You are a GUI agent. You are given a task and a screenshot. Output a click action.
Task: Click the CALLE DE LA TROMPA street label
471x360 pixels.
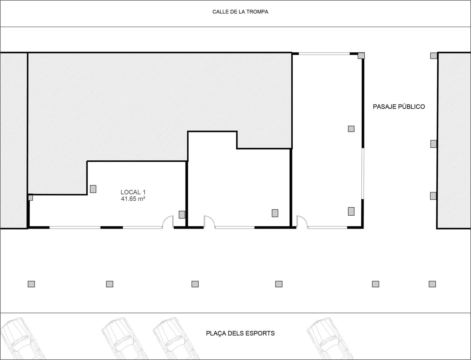point(240,12)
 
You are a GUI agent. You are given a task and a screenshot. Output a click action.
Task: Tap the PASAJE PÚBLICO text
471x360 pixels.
point(399,106)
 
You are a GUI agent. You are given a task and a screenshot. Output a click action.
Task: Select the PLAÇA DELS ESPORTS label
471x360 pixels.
point(240,333)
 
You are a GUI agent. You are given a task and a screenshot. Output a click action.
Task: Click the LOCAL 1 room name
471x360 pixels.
point(133,192)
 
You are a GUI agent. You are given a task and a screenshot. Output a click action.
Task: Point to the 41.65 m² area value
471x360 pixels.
point(133,199)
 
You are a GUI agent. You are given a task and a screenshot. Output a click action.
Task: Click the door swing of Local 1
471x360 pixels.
point(168,222)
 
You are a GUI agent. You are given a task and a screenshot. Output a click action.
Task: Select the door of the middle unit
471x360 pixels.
point(209,222)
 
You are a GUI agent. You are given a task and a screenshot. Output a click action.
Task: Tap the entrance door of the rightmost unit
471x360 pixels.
point(302,222)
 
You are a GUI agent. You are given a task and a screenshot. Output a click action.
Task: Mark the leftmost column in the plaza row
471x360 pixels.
point(31,284)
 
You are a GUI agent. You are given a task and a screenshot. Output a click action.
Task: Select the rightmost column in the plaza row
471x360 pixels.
point(432,284)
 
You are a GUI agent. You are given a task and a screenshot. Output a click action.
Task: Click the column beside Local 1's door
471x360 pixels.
point(182,214)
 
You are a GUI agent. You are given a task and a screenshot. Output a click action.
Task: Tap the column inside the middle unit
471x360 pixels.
point(275,213)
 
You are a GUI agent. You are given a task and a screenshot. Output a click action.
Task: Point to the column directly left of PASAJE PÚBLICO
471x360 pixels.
point(351,129)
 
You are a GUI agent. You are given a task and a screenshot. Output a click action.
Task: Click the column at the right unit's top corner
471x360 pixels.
point(361,55)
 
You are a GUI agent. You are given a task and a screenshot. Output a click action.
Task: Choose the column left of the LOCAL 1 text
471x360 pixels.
point(93,189)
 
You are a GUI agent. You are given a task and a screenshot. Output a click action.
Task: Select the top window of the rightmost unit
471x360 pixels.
point(324,54)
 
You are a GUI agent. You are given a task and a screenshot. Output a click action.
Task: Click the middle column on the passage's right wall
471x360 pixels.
point(433,144)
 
